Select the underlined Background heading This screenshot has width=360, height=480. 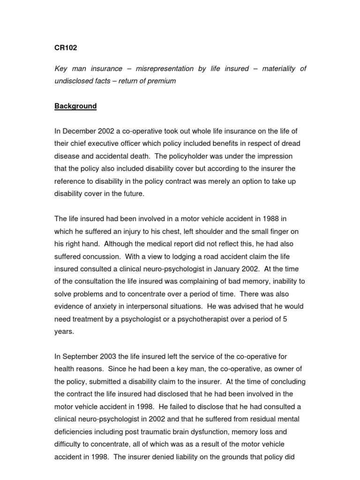pos(75,106)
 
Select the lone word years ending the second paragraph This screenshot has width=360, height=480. pos(64,331)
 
